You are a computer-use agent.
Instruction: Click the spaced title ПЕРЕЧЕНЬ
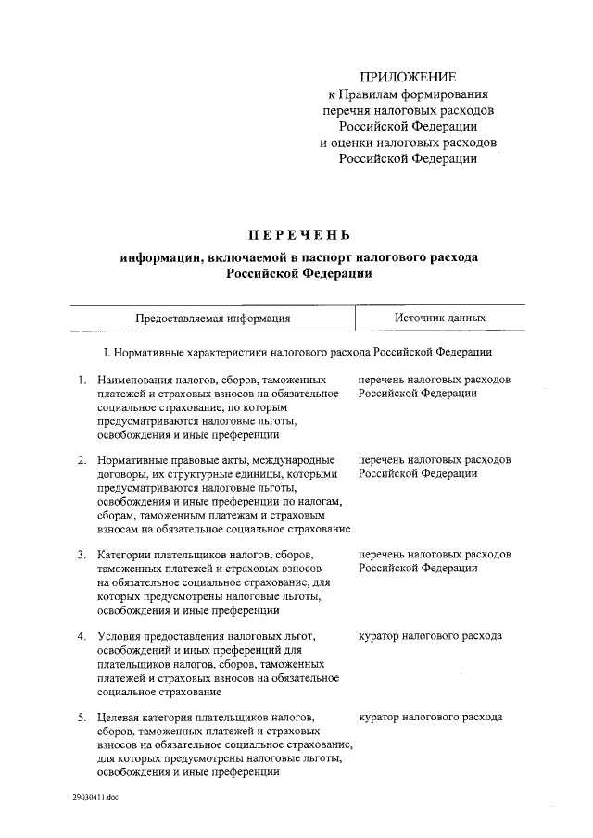pyautogui.click(x=297, y=233)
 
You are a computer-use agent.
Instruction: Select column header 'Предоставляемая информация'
pyautogui.click(x=213, y=318)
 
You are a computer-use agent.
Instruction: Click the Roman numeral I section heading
pyautogui.click(x=296, y=353)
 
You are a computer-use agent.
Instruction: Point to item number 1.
pyautogui.click(x=82, y=380)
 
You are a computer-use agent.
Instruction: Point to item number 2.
pyautogui.click(x=82, y=460)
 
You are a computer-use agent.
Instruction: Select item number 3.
pyautogui.click(x=82, y=555)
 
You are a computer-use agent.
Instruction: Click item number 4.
pyautogui.click(x=82, y=636)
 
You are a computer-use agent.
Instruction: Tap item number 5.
pyautogui.click(x=82, y=717)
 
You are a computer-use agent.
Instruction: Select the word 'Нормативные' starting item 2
pyautogui.click(x=132, y=460)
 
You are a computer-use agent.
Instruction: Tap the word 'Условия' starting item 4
pyautogui.click(x=119, y=636)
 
